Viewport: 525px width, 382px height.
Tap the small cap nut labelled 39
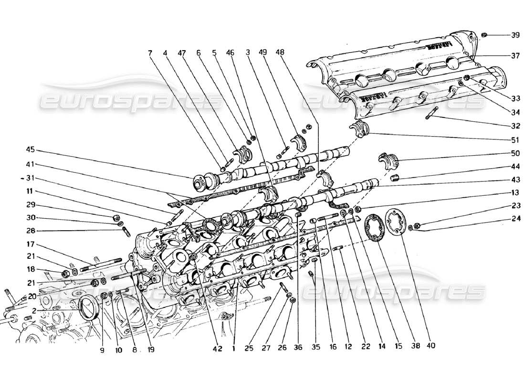pos(483,35)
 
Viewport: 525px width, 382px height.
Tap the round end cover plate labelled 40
pos(395,223)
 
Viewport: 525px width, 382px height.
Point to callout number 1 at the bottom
pos(233,349)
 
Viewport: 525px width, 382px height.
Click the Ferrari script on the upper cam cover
pos(437,46)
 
